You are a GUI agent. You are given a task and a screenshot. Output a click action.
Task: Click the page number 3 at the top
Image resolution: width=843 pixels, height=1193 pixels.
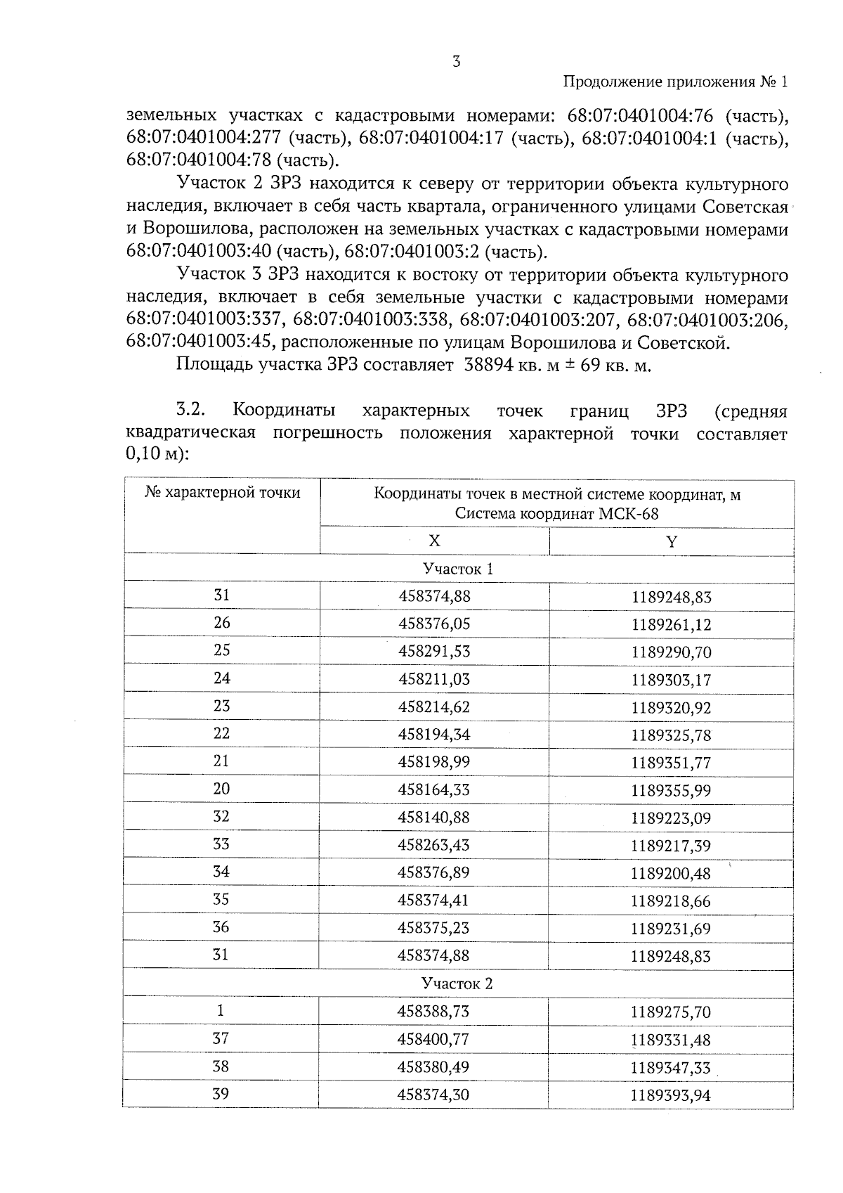pos(457,62)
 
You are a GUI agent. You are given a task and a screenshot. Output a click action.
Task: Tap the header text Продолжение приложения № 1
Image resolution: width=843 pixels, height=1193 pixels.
pos(676,82)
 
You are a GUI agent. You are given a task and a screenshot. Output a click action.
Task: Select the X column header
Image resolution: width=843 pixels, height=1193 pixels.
pos(434,541)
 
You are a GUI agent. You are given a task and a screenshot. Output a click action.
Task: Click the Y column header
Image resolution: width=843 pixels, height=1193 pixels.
pos(672,541)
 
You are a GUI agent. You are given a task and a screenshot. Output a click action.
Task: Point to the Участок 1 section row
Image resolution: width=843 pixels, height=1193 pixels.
pos(458,569)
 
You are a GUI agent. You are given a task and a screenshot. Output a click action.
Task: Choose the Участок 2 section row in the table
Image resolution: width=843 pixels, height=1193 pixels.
pos(458,984)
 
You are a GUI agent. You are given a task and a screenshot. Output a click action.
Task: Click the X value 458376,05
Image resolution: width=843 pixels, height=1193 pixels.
pos(433,624)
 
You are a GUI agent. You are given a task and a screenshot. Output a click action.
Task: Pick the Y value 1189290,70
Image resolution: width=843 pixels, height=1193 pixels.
pos(671,652)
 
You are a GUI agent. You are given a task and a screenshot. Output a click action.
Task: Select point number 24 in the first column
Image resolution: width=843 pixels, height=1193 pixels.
pos(221,678)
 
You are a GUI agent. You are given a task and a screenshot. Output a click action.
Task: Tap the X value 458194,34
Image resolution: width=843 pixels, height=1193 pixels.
pos(433,735)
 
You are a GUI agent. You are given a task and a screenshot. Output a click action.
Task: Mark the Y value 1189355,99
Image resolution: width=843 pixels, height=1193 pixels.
pos(671,790)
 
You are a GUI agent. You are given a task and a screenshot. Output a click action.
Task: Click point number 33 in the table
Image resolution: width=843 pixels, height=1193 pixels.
pos(221,844)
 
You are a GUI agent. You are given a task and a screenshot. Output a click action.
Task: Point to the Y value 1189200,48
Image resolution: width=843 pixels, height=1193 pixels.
pos(671,874)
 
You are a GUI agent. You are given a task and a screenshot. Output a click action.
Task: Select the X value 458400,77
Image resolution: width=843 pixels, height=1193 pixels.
pos(433,1039)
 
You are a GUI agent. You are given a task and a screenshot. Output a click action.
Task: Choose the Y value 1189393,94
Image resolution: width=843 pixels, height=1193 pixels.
pos(671,1095)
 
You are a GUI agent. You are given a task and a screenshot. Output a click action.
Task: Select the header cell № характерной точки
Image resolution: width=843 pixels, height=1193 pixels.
pos(222,493)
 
